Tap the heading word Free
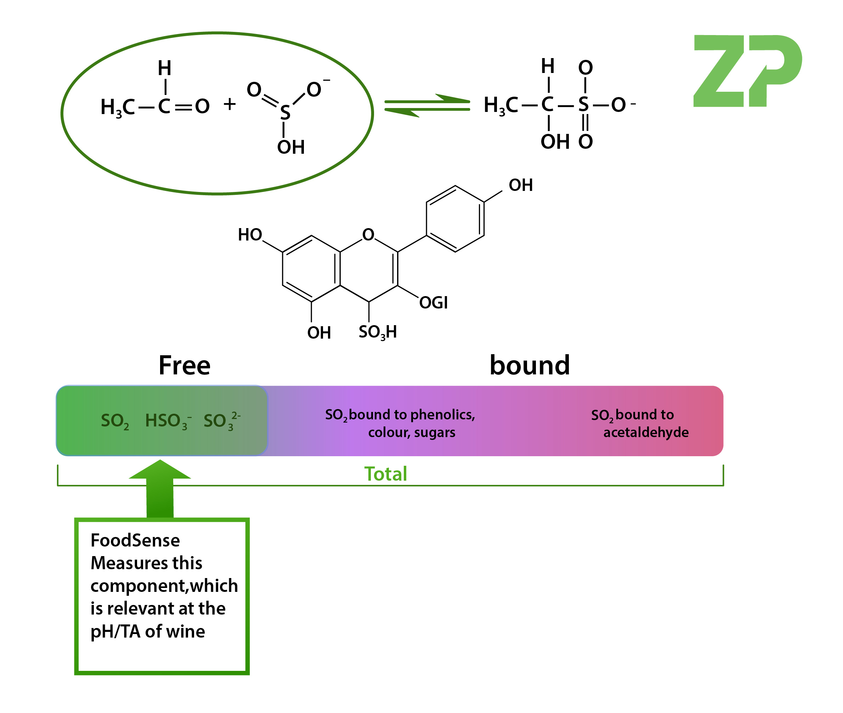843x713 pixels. [184, 366]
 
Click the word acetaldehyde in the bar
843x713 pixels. [645, 432]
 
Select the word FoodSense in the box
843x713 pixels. [135, 541]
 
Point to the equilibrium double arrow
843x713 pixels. [427, 106]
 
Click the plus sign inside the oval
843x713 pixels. [230, 104]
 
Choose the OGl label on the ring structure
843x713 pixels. [433, 303]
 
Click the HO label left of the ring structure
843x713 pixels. [250, 235]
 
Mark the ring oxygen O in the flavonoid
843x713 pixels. [368, 234]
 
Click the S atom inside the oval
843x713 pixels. [285, 112]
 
